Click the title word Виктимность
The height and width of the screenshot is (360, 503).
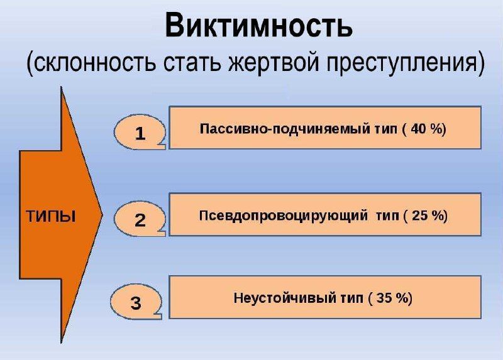pos(259,25)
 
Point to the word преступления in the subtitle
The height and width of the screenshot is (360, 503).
pos(401,63)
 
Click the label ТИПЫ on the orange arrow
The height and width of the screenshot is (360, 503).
pos(51,216)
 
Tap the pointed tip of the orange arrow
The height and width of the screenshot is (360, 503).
pos(102,215)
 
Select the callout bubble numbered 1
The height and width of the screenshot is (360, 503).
pos(140,132)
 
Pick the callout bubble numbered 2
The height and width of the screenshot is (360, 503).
pos(140,219)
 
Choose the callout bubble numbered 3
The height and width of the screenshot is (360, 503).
pos(136,302)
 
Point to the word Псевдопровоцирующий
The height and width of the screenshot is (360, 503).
pos(284,215)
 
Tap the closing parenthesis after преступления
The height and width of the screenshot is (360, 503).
pos(480,62)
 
